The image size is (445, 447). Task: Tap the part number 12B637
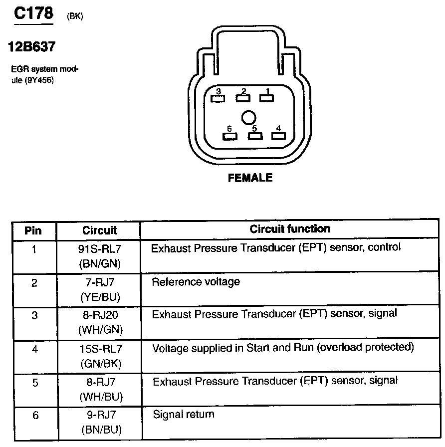pyautogui.click(x=31, y=47)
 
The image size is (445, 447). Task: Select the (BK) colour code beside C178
pyautogui.click(x=74, y=16)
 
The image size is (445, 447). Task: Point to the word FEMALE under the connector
pyautogui.click(x=250, y=178)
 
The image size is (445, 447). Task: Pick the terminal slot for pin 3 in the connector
pyautogui.click(x=218, y=98)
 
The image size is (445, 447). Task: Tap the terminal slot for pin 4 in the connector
pyautogui.click(x=277, y=136)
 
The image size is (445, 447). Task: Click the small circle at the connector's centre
pyautogui.click(x=248, y=118)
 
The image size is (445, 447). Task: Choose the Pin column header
pyautogui.click(x=33, y=230)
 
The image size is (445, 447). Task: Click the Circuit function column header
pyautogui.click(x=290, y=229)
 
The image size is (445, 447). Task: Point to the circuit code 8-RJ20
pyautogui.click(x=99, y=315)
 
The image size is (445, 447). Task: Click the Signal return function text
pyautogui.click(x=183, y=414)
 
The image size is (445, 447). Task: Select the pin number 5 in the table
pyautogui.click(x=34, y=383)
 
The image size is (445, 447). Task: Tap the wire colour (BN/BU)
pyautogui.click(x=99, y=430)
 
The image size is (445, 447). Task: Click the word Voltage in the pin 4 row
pyautogui.click(x=168, y=348)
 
